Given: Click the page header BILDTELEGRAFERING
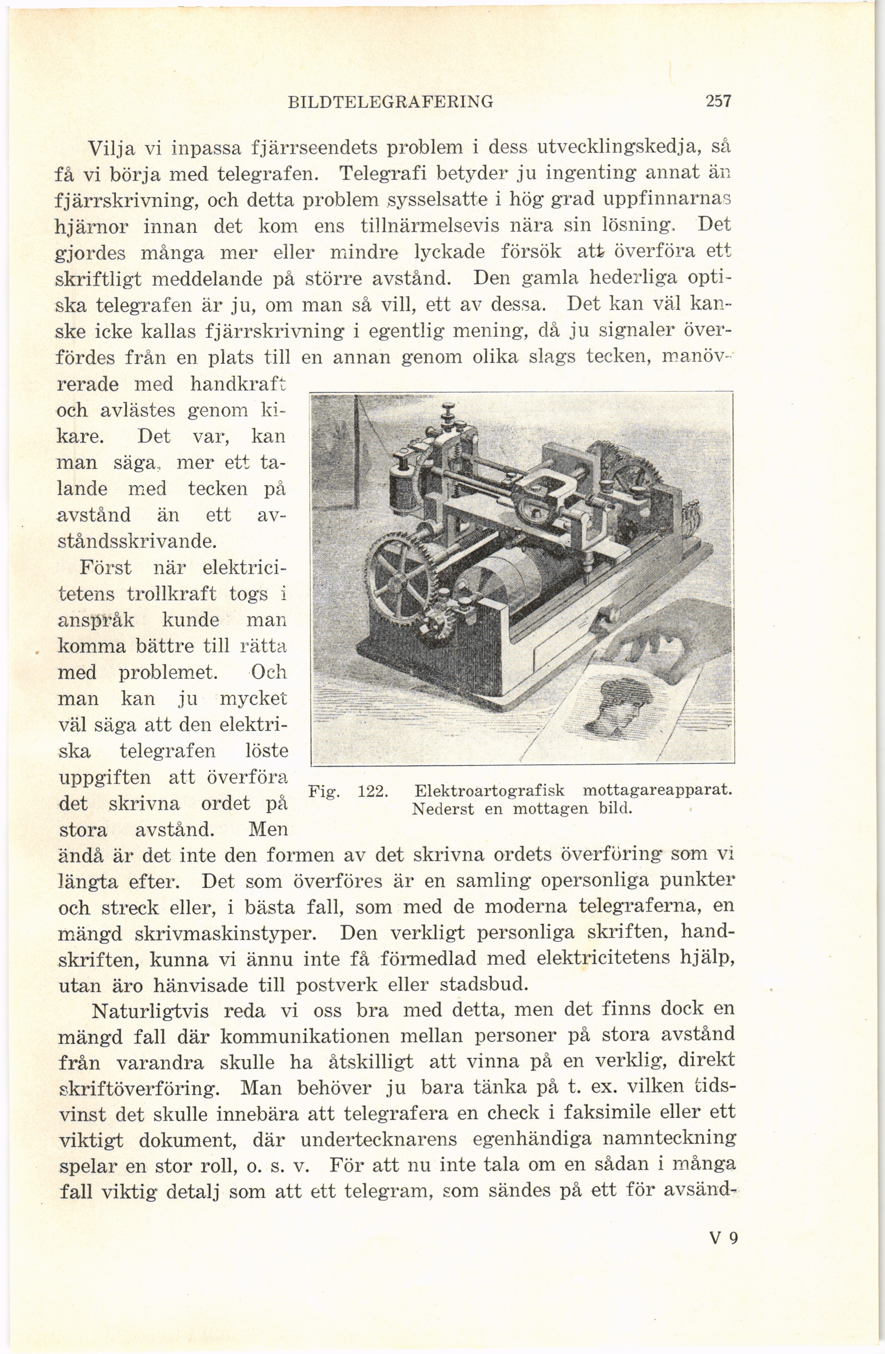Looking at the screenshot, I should pos(391,102).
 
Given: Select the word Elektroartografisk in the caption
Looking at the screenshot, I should pos(490,791).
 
